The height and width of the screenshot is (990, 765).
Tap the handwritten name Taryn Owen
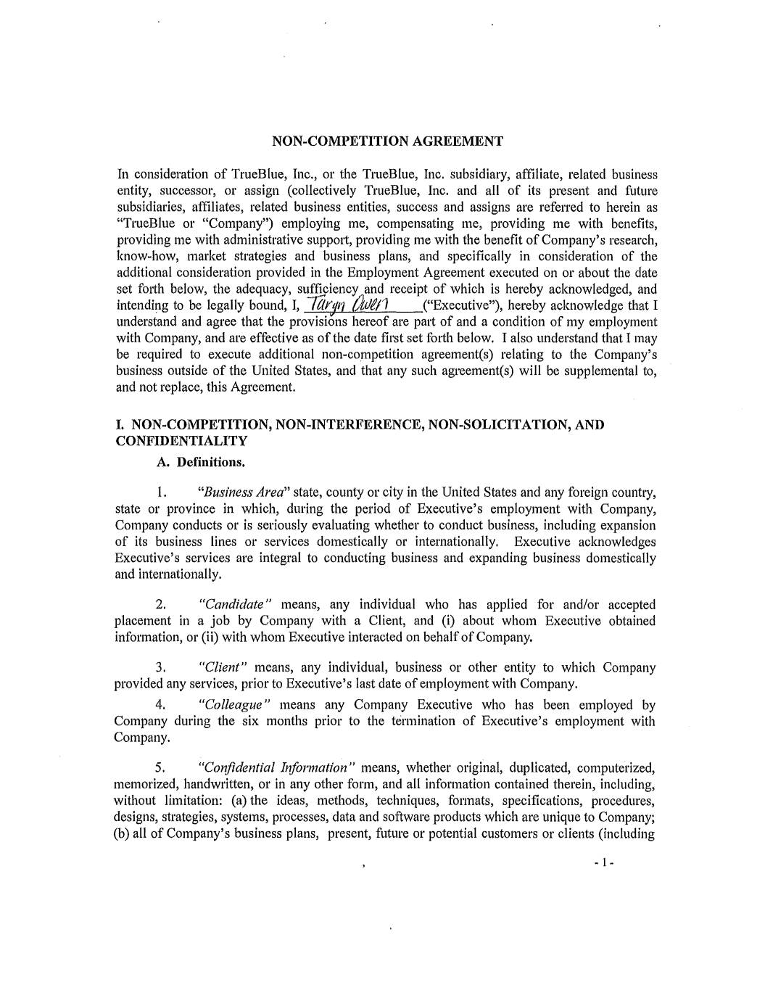click(x=351, y=305)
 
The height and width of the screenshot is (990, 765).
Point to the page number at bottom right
click(x=603, y=864)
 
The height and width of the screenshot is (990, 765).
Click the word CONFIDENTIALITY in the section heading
click(x=181, y=441)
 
